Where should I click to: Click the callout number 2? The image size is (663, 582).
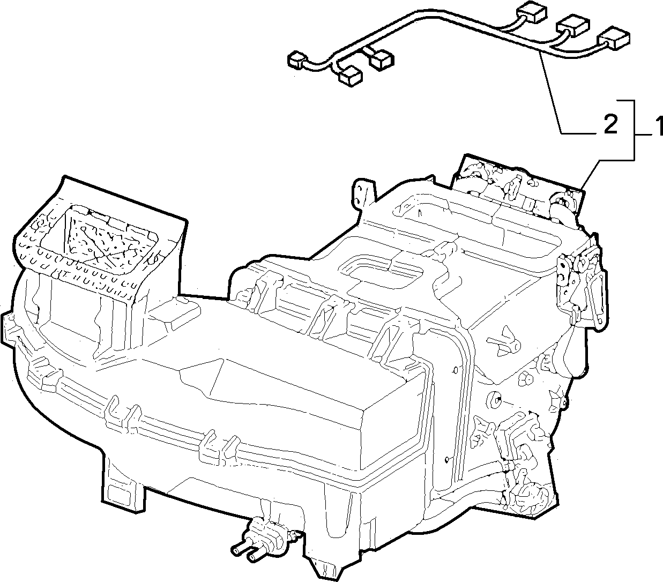(610, 124)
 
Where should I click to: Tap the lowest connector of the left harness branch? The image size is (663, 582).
(351, 77)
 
